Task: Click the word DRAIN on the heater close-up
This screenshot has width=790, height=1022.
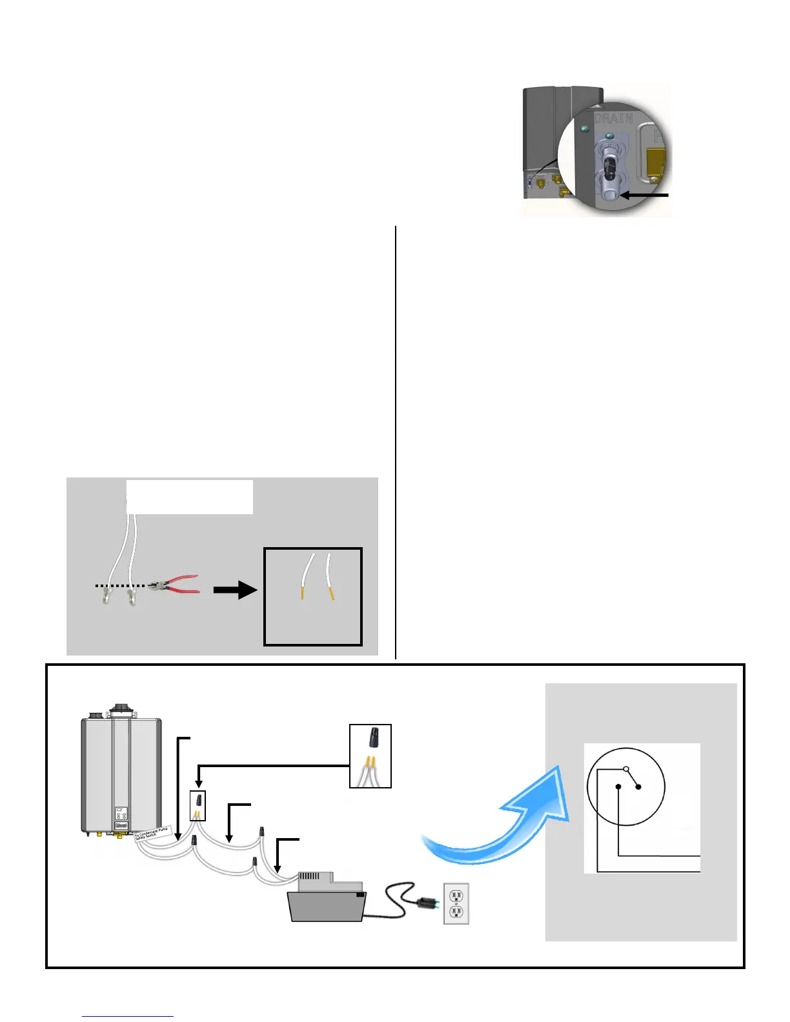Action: click(x=613, y=119)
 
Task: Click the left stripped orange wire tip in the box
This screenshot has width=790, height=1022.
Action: click(x=302, y=592)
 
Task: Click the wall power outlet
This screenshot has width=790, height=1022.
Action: click(x=456, y=903)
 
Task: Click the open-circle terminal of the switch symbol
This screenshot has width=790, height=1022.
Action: click(x=625, y=769)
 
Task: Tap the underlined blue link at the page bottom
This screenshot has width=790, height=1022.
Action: click(x=128, y=1016)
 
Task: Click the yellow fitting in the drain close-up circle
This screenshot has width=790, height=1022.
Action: click(x=656, y=161)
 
